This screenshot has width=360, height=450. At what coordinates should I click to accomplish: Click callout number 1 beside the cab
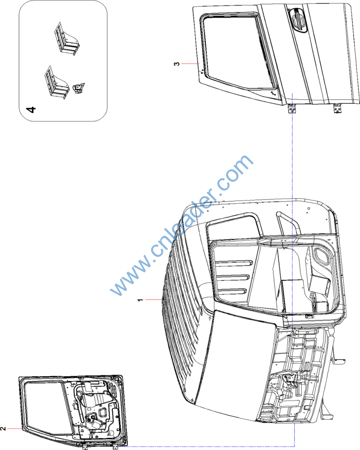pyautogui.click(x=140, y=300)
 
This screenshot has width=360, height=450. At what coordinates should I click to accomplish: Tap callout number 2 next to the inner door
pyautogui.click(x=3, y=428)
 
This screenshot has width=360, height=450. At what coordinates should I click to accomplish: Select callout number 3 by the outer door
pyautogui.click(x=176, y=64)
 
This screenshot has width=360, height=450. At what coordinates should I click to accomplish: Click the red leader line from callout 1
pyautogui.click(x=154, y=300)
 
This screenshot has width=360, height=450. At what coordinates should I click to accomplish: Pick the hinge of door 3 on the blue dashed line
pyautogui.click(x=292, y=109)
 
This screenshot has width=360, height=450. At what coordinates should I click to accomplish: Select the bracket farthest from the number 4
pyautogui.click(x=66, y=39)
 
